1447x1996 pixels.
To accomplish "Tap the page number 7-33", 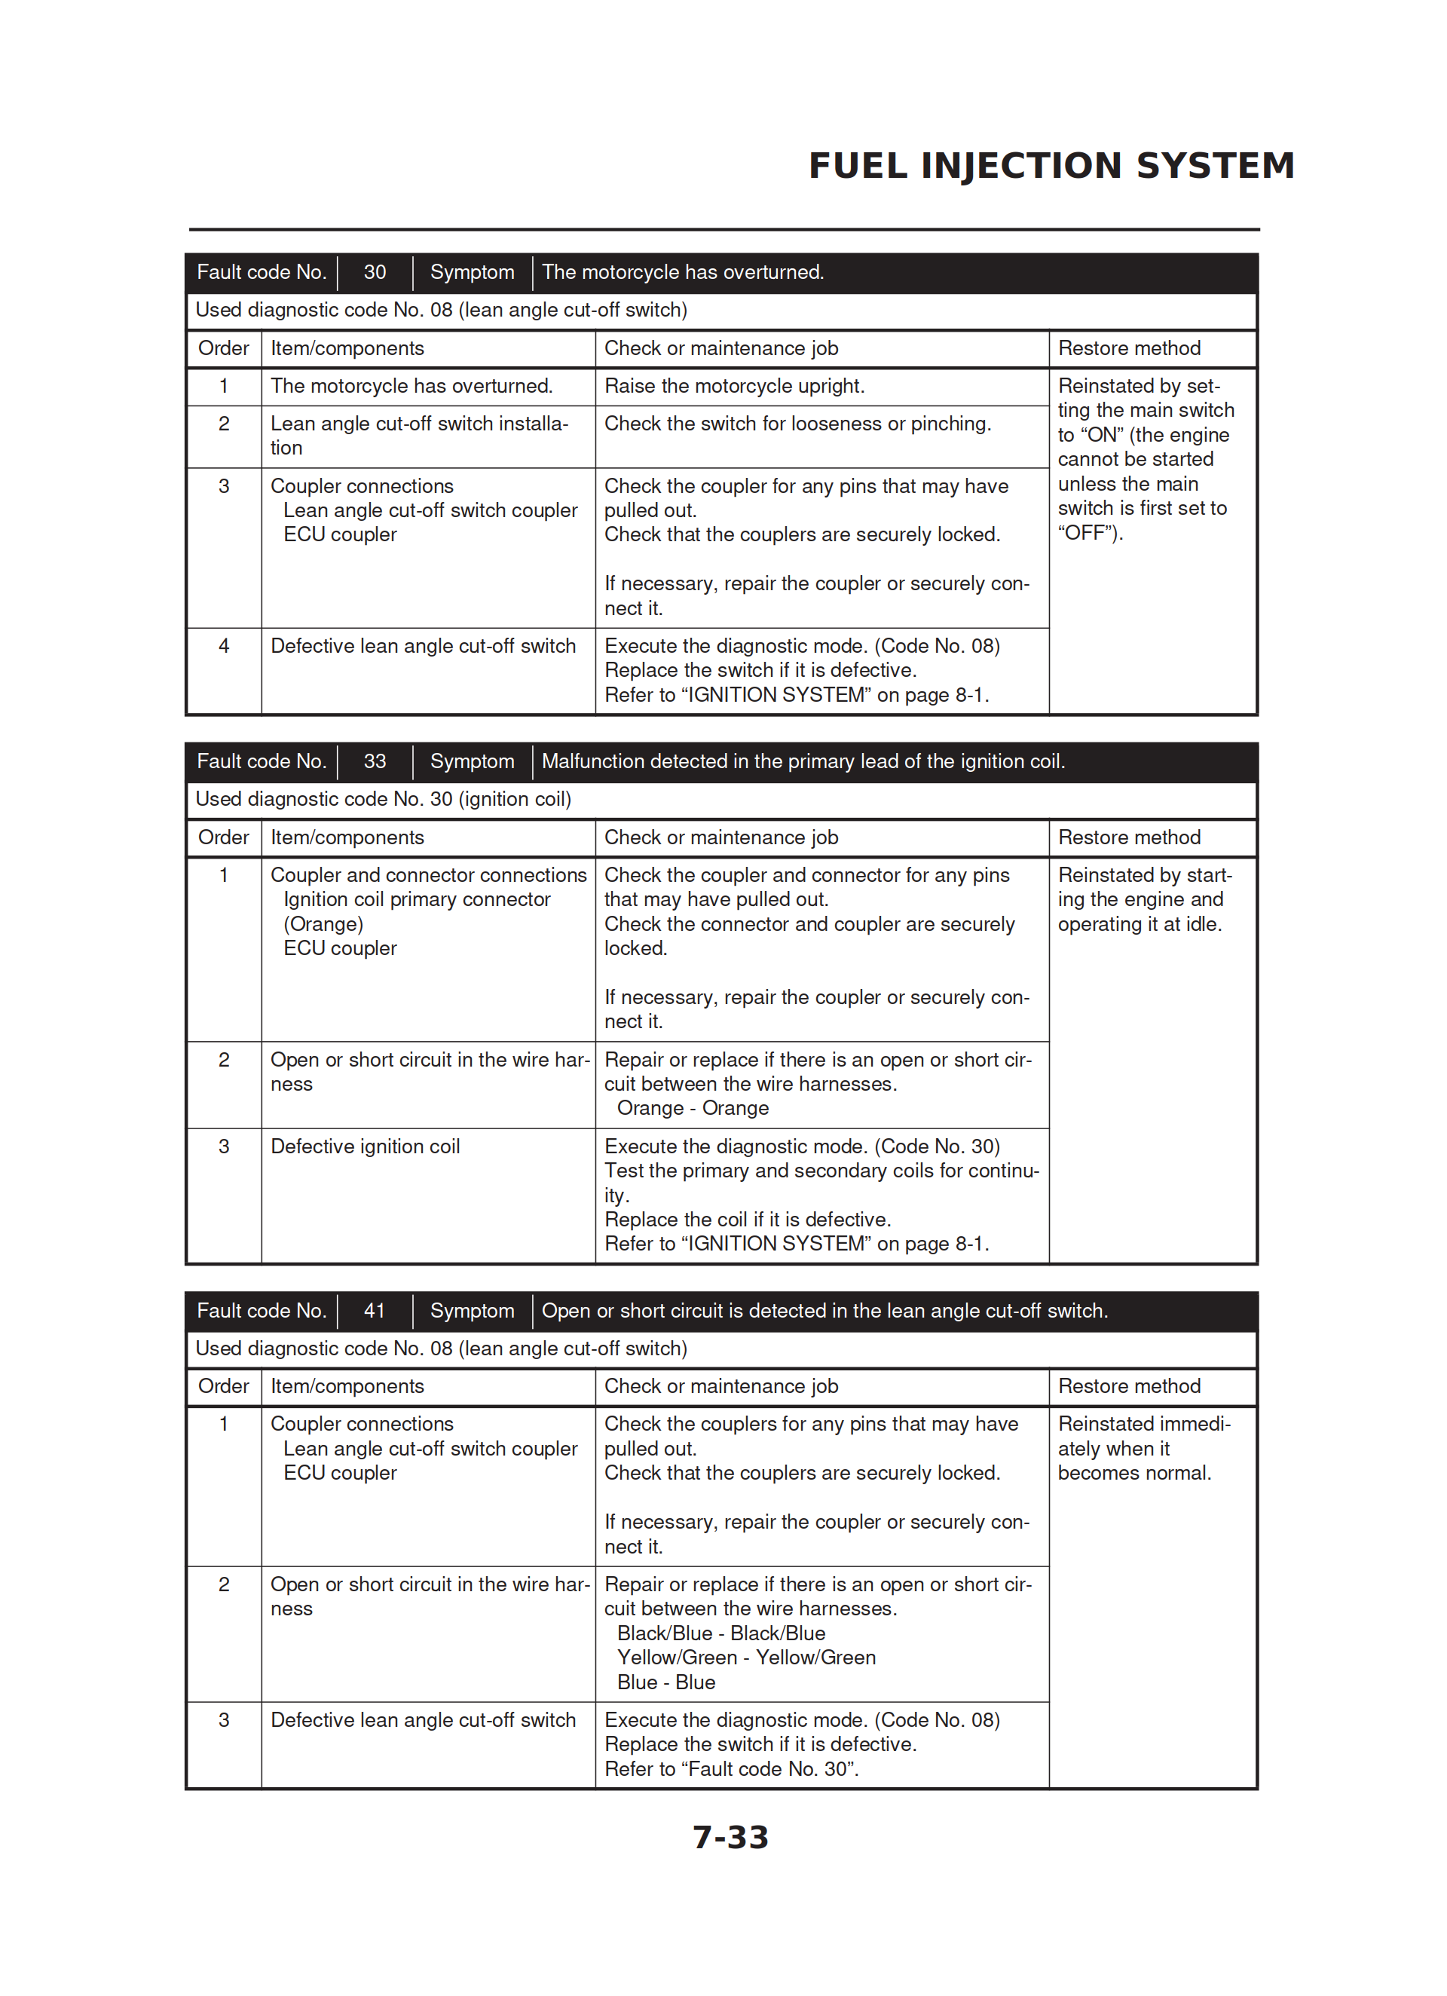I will point(730,1837).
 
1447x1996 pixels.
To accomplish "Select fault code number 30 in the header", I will point(375,273).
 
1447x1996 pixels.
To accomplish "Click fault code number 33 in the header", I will point(375,761).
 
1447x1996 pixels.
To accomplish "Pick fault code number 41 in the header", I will point(375,1310).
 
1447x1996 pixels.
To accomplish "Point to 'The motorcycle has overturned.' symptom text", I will point(683,273).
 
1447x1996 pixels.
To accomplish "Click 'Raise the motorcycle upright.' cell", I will point(734,387).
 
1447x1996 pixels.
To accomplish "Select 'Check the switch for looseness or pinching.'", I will point(797,424).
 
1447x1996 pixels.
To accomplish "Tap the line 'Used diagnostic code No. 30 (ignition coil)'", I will point(383,799).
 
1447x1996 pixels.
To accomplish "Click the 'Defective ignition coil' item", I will point(366,1146).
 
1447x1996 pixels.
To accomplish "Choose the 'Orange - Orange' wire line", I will point(693,1108).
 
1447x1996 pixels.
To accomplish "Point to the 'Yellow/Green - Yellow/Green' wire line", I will point(746,1657).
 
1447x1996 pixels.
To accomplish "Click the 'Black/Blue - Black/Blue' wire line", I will point(720,1633).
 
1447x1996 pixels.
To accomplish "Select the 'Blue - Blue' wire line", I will point(666,1682).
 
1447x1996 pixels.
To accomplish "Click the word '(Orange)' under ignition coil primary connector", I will point(323,924).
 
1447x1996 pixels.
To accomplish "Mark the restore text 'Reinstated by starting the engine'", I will point(1144,899).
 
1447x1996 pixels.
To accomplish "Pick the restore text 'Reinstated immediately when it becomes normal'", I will point(1143,1449).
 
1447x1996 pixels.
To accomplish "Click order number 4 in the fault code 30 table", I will point(224,646).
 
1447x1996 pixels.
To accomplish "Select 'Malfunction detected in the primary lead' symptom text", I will point(803,761).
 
